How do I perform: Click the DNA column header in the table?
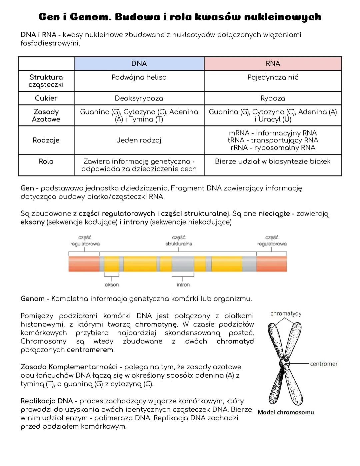(139, 64)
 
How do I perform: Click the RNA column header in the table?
(273, 64)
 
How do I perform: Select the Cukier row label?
(46, 98)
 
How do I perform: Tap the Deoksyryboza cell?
(139, 98)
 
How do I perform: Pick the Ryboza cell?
(273, 98)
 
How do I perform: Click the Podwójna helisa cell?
(139, 77)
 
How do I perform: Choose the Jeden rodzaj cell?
(139, 140)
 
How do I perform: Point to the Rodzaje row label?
(46, 140)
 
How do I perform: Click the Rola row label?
(46, 161)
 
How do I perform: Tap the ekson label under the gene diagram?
(112, 285)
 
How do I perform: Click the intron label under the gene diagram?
(183, 285)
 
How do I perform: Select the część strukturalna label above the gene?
(179, 241)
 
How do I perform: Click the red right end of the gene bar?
(272, 264)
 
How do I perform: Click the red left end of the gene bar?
(84, 264)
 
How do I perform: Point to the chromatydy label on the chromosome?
(286, 314)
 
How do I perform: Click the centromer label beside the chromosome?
(323, 364)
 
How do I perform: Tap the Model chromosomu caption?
(286, 412)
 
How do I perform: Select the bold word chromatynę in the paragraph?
(156, 325)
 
